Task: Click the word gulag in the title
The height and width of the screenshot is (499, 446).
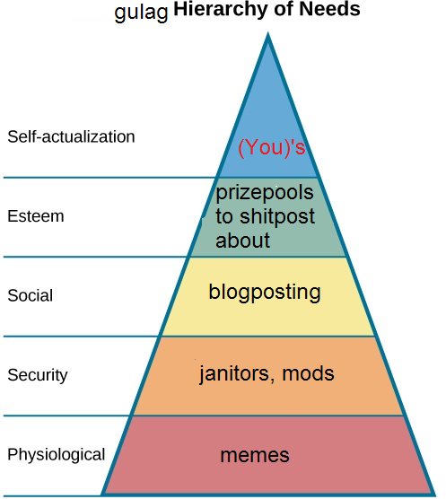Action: pyautogui.click(x=141, y=13)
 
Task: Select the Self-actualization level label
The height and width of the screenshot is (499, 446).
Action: pyautogui.click(x=71, y=136)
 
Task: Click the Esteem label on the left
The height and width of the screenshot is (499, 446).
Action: pyautogui.click(x=36, y=216)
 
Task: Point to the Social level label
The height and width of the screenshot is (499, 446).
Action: pyautogui.click(x=31, y=295)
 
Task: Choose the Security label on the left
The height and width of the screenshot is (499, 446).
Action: pyautogui.click(x=38, y=375)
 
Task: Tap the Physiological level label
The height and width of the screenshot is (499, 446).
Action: pyautogui.click(x=57, y=454)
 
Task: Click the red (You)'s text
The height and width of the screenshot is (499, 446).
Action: pyautogui.click(x=272, y=147)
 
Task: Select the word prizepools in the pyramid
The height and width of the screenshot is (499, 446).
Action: pyautogui.click(x=265, y=194)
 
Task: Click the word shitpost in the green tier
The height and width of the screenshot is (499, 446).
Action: pyautogui.click(x=277, y=216)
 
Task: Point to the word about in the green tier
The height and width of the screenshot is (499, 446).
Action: pyautogui.click(x=242, y=241)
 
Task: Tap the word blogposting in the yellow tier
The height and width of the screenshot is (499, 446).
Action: pyautogui.click(x=265, y=293)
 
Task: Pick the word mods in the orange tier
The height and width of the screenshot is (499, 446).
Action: pyautogui.click(x=309, y=373)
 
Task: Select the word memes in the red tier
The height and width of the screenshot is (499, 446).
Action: pyautogui.click(x=255, y=455)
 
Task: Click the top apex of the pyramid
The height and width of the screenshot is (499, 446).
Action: pyautogui.click(x=267, y=33)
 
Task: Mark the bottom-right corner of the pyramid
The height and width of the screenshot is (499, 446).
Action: pyautogui.click(x=434, y=495)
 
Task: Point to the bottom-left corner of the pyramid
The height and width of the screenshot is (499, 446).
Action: pyautogui.click(x=101, y=495)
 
